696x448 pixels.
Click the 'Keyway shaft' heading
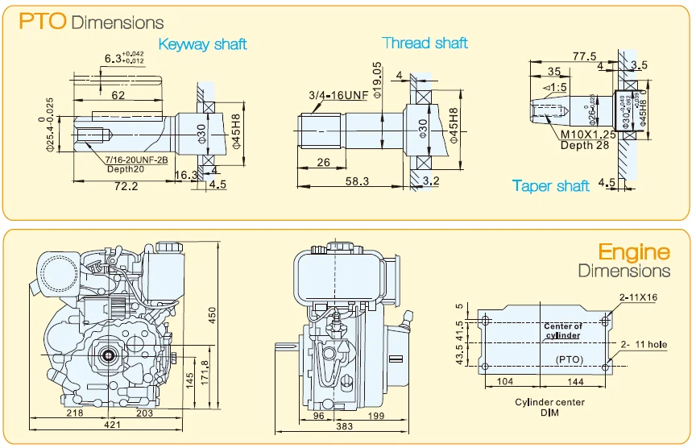[x=202, y=44]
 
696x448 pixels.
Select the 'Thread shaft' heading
[x=425, y=43]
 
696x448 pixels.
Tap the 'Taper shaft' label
[x=551, y=186]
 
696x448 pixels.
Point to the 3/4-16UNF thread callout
[x=337, y=96]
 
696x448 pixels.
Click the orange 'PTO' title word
[x=42, y=21]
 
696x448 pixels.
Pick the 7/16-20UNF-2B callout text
[x=135, y=160]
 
